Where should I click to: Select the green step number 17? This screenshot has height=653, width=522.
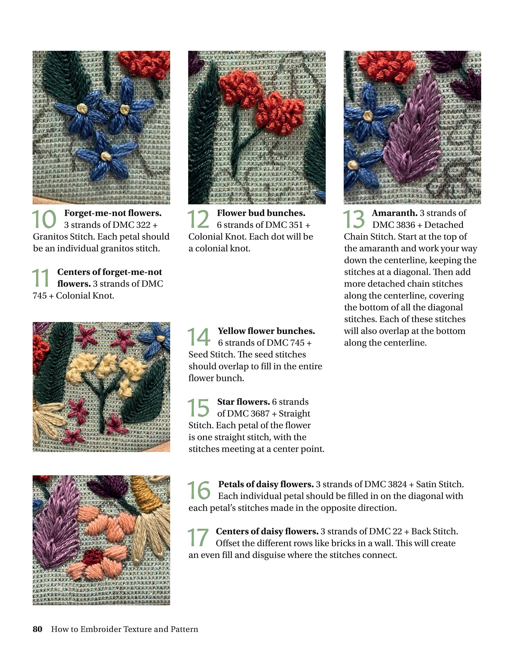(x=198, y=537)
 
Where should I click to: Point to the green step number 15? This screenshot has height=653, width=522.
(x=198, y=408)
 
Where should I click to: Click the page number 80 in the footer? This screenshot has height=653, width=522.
(x=37, y=629)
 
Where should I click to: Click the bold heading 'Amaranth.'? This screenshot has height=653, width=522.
(x=394, y=213)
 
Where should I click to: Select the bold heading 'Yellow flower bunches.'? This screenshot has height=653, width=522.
(x=266, y=331)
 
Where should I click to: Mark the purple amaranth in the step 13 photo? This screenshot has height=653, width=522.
(x=412, y=130)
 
